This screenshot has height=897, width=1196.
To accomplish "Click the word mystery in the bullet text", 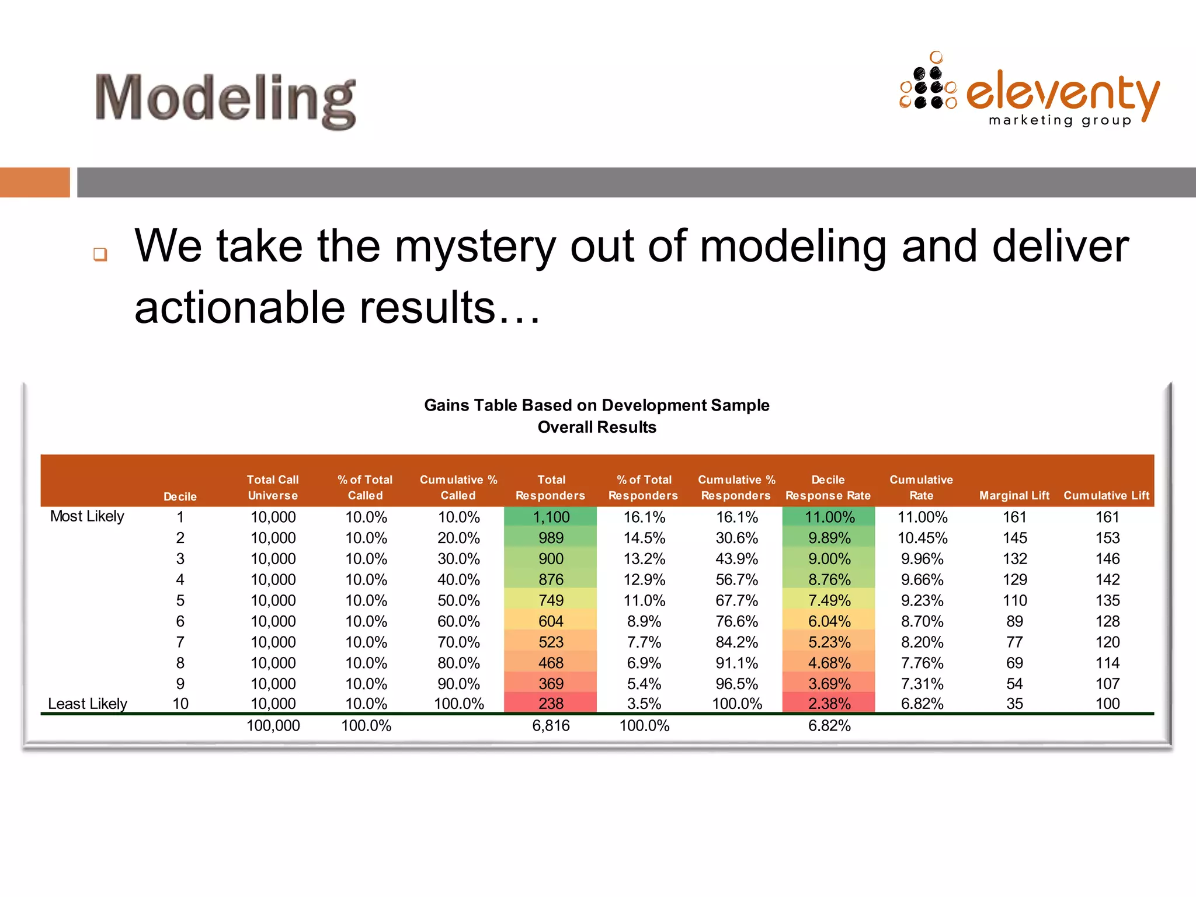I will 474,246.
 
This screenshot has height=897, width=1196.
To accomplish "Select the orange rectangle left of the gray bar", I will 34,182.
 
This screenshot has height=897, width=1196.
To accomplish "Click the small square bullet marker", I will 100,254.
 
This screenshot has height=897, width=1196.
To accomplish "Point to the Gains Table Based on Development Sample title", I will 596,405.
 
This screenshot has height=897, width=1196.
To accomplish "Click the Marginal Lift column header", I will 1014,495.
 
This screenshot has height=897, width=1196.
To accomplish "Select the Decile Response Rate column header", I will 828,488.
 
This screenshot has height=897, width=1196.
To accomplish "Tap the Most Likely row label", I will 87,516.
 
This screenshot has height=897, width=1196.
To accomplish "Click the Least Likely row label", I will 87,704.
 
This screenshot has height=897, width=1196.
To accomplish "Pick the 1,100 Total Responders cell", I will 551,517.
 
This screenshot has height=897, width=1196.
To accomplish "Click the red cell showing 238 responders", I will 551,704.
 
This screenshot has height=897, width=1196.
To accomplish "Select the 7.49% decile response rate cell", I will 829,600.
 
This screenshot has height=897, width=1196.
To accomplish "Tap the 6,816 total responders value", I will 551,726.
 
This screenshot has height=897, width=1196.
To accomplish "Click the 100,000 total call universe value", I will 273,726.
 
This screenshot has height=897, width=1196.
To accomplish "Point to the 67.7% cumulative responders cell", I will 736,600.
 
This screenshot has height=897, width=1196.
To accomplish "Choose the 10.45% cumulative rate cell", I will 922,538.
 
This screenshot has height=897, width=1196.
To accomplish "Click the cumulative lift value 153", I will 1107,538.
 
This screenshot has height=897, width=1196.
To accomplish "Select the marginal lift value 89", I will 1014,621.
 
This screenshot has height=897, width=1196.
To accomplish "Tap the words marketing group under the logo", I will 1060,120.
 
